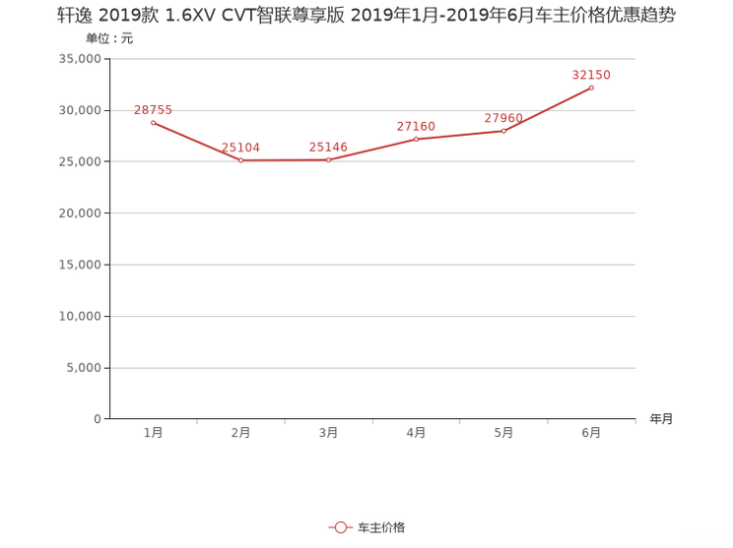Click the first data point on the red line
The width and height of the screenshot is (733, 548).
153,122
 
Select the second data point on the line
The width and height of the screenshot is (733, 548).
240,160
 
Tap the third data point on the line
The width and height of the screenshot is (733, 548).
328,160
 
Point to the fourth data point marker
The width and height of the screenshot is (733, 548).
416,139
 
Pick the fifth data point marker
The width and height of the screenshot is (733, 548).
503,131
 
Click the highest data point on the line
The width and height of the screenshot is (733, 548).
591,89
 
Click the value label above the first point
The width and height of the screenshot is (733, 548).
153,109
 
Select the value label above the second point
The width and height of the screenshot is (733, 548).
240,148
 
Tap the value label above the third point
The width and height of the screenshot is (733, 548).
328,148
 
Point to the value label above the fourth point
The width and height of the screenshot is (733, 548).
416,126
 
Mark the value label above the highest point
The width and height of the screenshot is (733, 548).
591,75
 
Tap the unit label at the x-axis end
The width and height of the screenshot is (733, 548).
661,419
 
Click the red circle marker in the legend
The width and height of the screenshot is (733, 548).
340,528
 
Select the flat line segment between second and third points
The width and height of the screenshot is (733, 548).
284,160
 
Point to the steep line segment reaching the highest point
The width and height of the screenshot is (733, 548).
548,110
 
